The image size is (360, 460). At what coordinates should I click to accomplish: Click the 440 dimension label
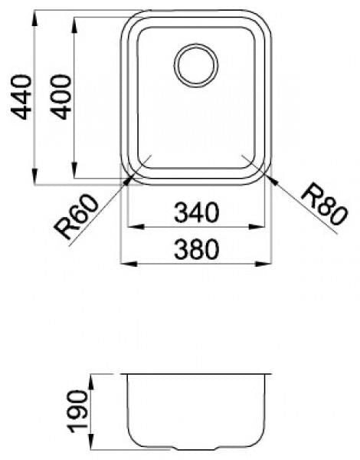point(21,97)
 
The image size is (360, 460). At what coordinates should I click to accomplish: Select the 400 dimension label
point(61,97)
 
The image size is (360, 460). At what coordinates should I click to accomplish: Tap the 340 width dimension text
point(196,212)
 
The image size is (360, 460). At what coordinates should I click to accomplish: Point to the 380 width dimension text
point(196,249)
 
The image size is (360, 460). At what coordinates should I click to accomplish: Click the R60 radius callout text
point(77,217)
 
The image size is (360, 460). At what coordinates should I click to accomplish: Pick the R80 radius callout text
point(324,204)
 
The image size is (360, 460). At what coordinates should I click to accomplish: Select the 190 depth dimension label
point(77,411)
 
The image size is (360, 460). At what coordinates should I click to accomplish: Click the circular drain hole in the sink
point(196,65)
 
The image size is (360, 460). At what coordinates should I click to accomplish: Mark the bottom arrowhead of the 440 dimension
point(34,176)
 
